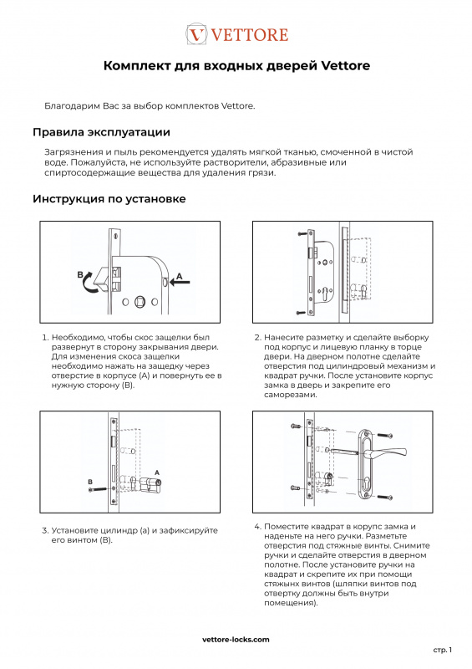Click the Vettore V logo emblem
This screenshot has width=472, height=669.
pos(196,34)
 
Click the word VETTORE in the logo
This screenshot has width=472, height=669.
pos(250,34)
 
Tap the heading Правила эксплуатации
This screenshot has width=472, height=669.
pos(101,132)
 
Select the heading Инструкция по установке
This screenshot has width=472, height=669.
pos(109,199)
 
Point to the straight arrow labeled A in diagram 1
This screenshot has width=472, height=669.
pos(180,282)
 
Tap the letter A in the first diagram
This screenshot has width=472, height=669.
pos(180,276)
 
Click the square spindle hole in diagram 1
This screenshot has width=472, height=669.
pos(140,302)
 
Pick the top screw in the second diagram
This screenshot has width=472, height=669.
pos(303,233)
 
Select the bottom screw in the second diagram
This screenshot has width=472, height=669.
pos(302,313)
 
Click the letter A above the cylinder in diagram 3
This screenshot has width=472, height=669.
pos(157,472)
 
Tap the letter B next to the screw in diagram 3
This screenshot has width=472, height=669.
pos(90,483)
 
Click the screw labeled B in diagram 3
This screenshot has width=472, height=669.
pos(97,489)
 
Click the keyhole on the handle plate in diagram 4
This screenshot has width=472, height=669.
pos(367,483)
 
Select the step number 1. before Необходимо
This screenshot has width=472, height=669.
pos(45,338)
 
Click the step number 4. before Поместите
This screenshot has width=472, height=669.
pos(257,527)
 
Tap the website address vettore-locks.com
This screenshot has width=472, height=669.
pos(236,640)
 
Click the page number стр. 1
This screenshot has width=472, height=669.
pos(443,651)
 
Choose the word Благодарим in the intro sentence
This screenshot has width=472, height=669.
pos(72,106)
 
